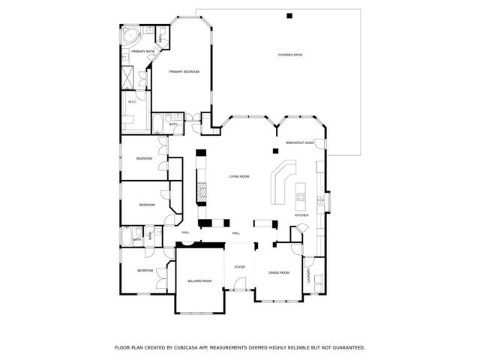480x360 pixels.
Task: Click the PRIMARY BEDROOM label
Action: (184, 71)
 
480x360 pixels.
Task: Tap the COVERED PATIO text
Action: (289, 55)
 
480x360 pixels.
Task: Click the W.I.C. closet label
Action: (132, 101)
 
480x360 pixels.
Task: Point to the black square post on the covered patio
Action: (289, 16)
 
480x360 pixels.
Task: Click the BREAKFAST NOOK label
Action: (299, 142)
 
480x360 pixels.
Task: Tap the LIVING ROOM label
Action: (239, 176)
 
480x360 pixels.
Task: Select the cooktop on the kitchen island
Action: (301, 198)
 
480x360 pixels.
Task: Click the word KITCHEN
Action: (301, 215)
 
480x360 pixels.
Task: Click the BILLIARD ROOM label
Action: (199, 280)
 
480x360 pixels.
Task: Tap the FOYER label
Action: (239, 266)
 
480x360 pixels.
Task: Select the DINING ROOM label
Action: (279, 272)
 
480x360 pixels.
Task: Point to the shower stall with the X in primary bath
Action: (129, 76)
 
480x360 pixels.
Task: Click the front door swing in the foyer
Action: (238, 284)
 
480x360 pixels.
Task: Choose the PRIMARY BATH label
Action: (142, 51)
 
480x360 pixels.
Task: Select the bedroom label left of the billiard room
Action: (145, 270)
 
